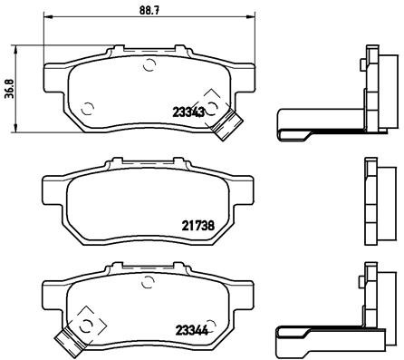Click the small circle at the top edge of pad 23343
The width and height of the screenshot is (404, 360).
pyautogui.click(x=149, y=64)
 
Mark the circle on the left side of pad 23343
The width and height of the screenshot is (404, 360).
pyautogui.click(x=87, y=109)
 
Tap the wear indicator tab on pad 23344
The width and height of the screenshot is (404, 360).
pyautogui.click(x=66, y=341)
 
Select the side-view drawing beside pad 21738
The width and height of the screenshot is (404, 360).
pyautogui.click(x=372, y=199)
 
